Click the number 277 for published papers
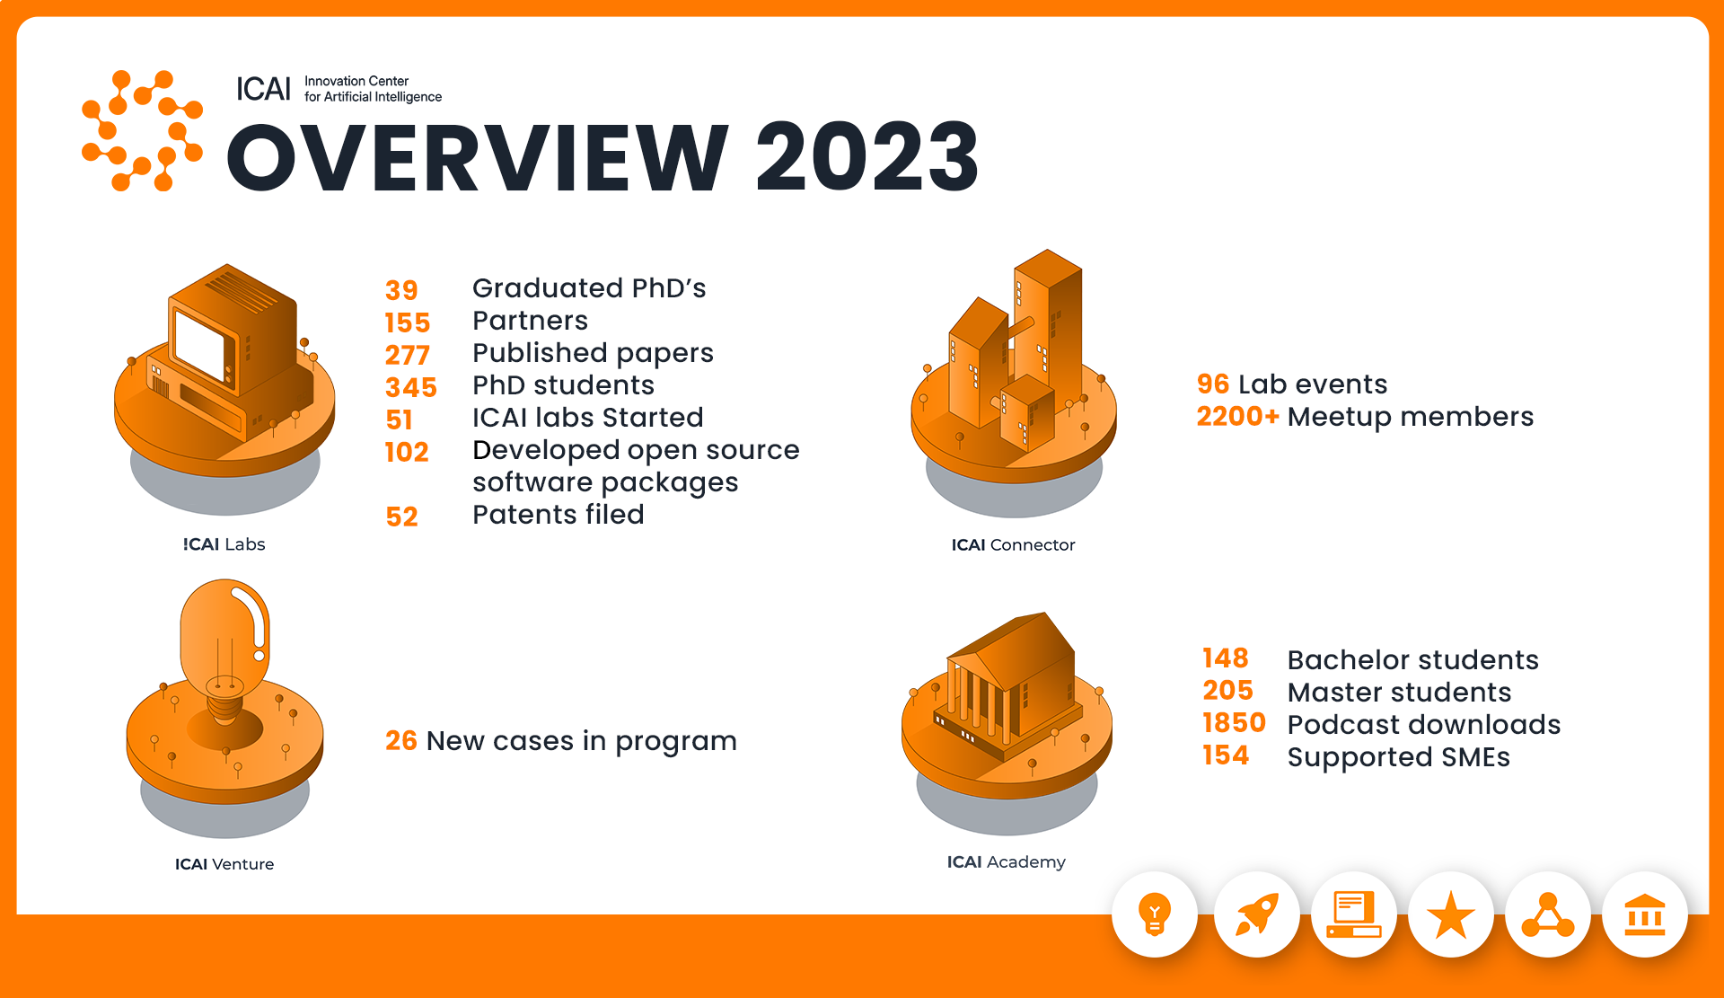point(408,355)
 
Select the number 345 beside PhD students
point(411,387)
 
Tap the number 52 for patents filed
point(401,517)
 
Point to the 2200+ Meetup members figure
point(1237,416)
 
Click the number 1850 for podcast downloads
point(1234,722)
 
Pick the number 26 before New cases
point(401,740)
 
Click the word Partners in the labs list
point(530,321)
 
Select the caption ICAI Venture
point(224,864)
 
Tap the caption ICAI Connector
point(1013,544)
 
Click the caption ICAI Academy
point(1006,861)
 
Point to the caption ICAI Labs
point(224,544)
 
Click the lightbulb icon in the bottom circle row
point(1155,914)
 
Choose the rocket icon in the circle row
point(1256,914)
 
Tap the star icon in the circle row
point(1451,915)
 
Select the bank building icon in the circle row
point(1645,914)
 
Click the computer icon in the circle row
point(1354,914)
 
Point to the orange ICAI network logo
point(142,131)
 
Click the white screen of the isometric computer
point(198,345)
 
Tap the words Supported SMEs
point(1398,756)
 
